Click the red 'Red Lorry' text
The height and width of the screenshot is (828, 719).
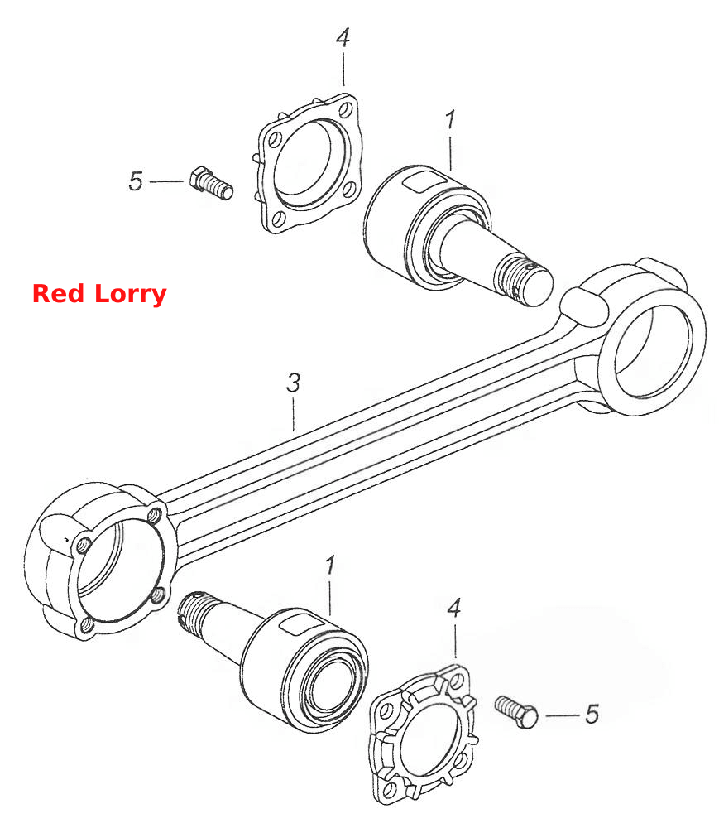pos(99,294)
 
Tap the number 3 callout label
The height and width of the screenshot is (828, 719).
pos(293,383)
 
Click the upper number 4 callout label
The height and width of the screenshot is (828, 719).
pos(343,37)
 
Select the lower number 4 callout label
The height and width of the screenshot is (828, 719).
pos(453,609)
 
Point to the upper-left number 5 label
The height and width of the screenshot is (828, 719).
pos(136,181)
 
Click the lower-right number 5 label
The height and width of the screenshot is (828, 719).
pos(592,715)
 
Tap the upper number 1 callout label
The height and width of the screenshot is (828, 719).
pos(449,120)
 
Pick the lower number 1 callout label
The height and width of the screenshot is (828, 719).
pos(330,566)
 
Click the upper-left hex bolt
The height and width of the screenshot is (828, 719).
pos(211,183)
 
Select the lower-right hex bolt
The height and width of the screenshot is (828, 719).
pos(516,712)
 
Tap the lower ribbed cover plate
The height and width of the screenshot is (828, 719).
pos(423,734)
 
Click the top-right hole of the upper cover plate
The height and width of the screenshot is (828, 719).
pos(346,110)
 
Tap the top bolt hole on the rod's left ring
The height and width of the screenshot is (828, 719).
pos(156,514)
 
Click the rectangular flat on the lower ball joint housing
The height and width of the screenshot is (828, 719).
pos(299,623)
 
